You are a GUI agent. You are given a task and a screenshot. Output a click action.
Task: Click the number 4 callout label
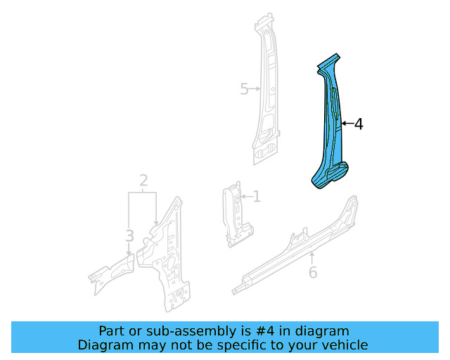point(359,124)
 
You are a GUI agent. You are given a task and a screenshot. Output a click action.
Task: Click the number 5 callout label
point(244,89)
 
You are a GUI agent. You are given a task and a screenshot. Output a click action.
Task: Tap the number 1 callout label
point(257,197)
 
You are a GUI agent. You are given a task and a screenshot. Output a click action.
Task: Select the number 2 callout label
point(143,181)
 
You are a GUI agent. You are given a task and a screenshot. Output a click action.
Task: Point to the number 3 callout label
point(129,235)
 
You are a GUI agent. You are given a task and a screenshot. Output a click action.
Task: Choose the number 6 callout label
point(313,272)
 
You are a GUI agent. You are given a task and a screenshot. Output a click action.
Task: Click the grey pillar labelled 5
point(266,98)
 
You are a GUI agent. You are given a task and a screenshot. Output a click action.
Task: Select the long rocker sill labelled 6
point(295,246)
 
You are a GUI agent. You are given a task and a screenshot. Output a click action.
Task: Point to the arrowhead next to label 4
point(344,124)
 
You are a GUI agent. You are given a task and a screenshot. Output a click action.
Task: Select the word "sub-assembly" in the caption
point(172,331)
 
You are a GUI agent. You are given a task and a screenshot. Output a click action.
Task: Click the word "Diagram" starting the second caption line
point(103,345)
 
